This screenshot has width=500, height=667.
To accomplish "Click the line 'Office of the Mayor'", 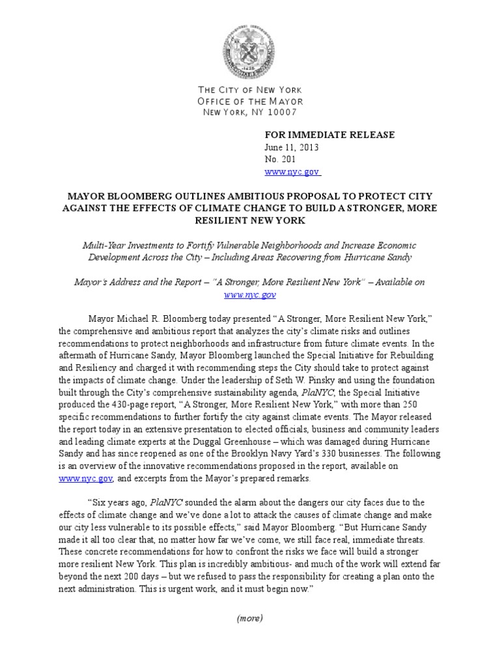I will point(250,101).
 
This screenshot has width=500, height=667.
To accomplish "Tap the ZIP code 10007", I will point(280,112).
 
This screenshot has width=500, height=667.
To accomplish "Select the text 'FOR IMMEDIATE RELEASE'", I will point(329,135).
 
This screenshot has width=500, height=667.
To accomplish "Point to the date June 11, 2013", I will point(291,147).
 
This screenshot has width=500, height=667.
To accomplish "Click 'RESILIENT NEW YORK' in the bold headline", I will point(250,220).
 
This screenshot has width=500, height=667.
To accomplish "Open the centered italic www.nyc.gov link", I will point(250,294).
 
